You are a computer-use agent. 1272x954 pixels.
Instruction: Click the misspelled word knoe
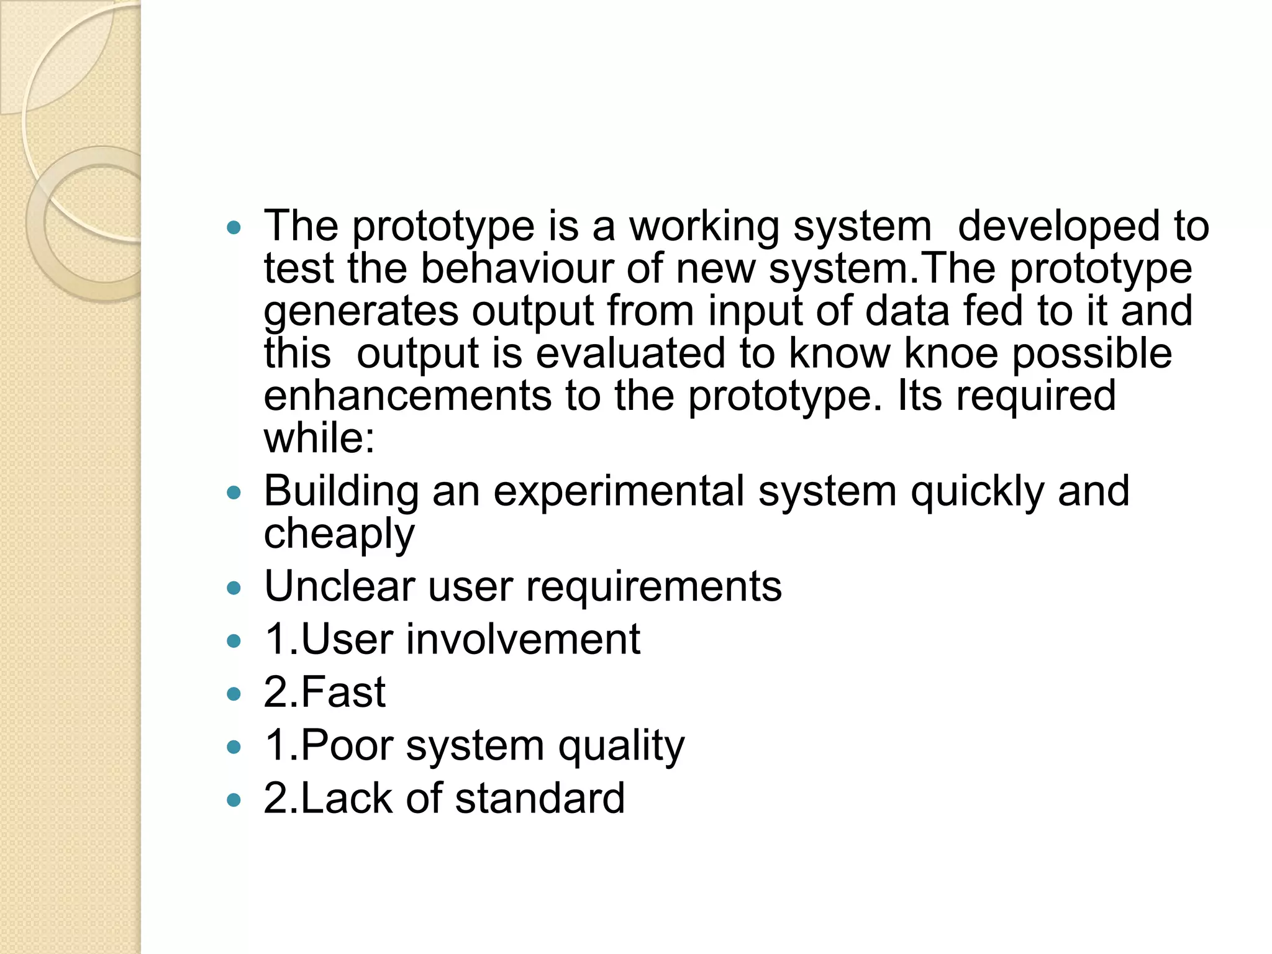(950, 353)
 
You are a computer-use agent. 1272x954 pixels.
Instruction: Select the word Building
(341, 491)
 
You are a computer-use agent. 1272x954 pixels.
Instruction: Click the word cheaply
(339, 534)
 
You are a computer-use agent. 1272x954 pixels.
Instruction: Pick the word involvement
(523, 639)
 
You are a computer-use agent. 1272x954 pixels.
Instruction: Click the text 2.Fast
(324, 692)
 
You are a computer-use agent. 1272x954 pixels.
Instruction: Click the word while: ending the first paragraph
(319, 438)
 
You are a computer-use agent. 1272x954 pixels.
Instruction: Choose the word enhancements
(407, 396)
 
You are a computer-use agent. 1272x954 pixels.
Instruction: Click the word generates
(361, 311)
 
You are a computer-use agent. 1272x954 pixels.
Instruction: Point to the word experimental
(619, 491)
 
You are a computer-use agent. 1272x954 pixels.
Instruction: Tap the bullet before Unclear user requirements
(234, 588)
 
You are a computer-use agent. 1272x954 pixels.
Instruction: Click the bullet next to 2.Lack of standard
(234, 800)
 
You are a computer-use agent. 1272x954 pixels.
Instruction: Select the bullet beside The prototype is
(234, 227)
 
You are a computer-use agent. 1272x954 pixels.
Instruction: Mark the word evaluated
(630, 353)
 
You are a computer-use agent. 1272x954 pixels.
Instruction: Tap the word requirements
(654, 586)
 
